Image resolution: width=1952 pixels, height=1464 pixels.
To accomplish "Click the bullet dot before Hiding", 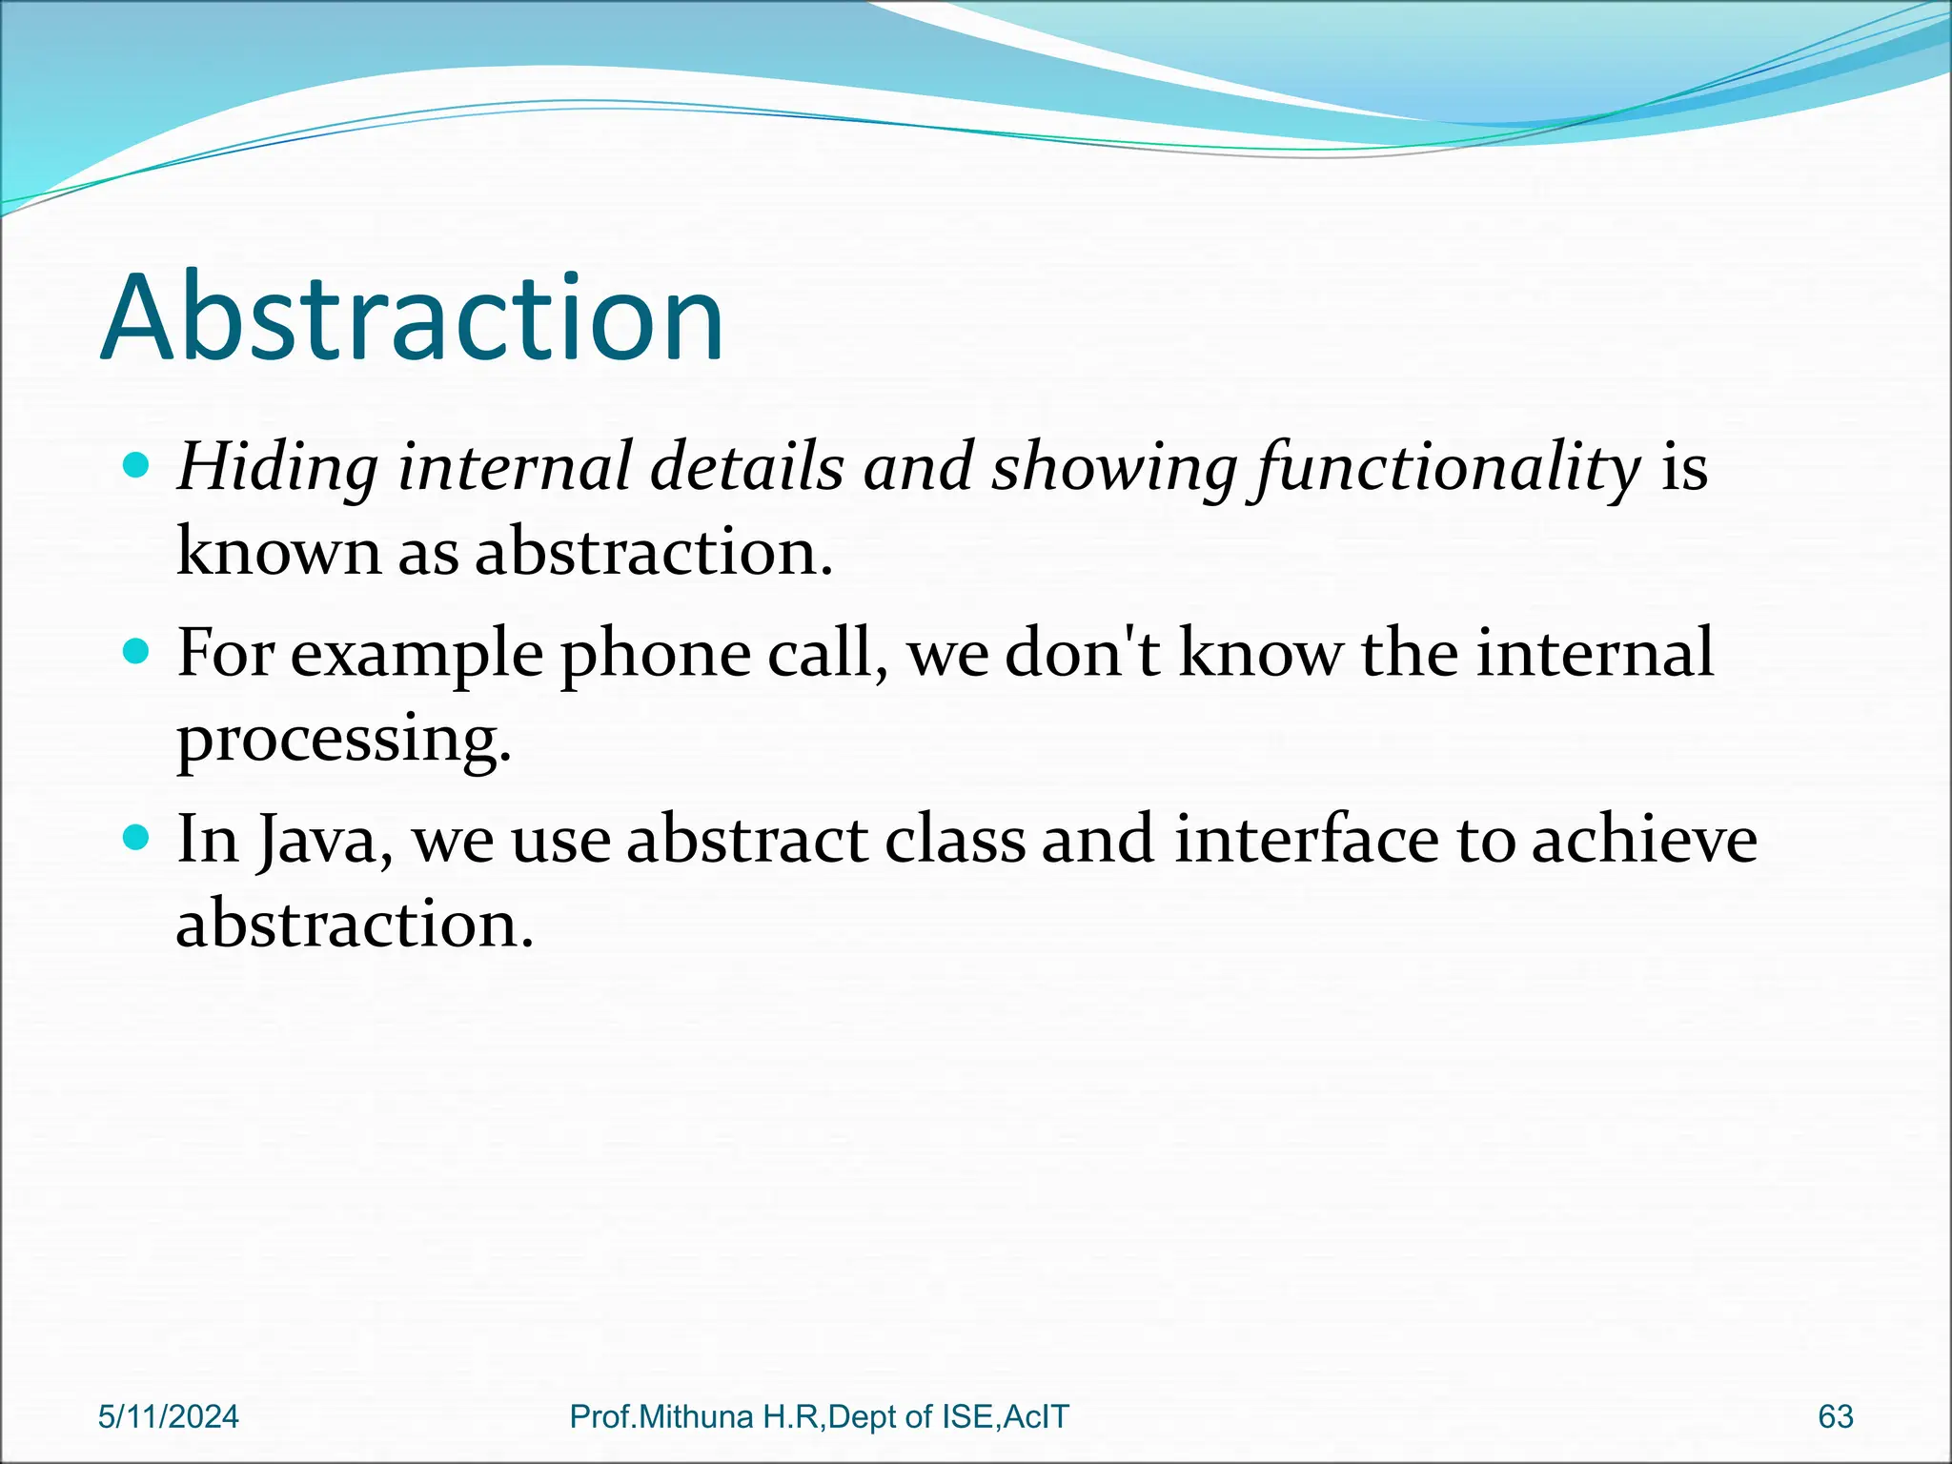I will [137, 466].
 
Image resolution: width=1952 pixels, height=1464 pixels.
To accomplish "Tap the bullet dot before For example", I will [137, 652].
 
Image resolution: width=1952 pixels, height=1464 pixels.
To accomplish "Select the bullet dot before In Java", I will [137, 838].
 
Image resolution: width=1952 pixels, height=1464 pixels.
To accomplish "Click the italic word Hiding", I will [277, 469].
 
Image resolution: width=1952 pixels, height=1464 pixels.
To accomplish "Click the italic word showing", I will [1114, 469].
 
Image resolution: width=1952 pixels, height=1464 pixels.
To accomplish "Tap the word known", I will [278, 552].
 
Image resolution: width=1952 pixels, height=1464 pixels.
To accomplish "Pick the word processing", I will [343, 740].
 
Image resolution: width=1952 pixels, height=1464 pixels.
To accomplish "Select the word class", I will [954, 840].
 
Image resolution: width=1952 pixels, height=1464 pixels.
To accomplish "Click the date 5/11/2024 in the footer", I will [169, 1417].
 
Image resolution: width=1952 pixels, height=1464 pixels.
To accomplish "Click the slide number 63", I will [1835, 1417].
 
